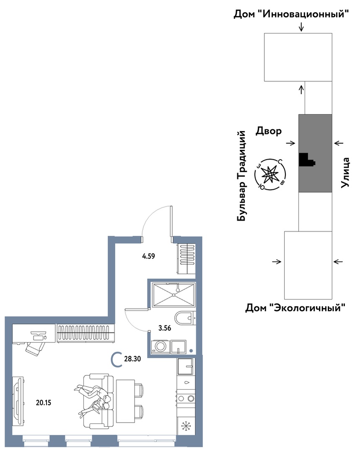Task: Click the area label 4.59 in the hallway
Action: point(148,256)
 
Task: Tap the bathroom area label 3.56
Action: point(165,328)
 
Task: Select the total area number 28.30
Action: point(132,359)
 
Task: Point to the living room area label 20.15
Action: point(44,403)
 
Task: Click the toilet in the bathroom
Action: point(185,318)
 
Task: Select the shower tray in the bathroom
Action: point(174,295)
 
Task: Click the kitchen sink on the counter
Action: point(185,367)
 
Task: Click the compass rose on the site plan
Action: point(270,174)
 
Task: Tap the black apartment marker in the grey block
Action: point(306,160)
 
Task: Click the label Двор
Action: point(269,131)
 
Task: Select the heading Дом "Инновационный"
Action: point(291,14)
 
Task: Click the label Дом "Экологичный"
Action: point(295,308)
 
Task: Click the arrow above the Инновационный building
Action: point(301,27)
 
